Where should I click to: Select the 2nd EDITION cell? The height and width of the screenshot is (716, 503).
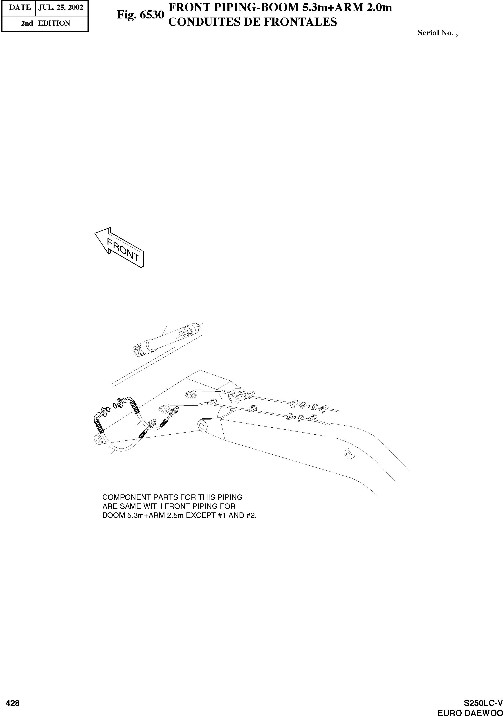(45, 23)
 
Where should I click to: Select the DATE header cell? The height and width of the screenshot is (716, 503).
(20, 7)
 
